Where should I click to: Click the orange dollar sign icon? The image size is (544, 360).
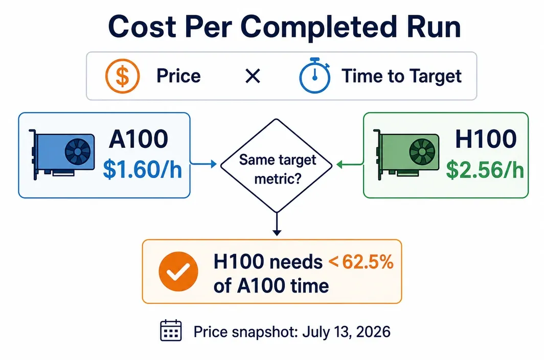point(123,76)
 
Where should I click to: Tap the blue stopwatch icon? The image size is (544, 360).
point(314,76)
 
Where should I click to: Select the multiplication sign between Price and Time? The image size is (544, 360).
point(253,76)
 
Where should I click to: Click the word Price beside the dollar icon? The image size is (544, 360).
point(178,76)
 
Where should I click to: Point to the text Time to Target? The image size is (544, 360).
point(401,76)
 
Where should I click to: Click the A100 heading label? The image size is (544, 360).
point(139,139)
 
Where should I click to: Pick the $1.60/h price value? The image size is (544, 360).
point(142,169)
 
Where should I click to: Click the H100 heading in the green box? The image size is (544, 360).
point(486,139)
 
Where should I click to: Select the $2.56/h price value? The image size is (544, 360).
point(485,169)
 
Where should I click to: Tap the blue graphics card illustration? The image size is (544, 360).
point(62,154)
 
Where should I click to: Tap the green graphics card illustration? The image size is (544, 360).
point(406,154)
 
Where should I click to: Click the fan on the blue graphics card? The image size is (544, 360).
point(78,152)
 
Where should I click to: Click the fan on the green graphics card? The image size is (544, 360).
point(422,152)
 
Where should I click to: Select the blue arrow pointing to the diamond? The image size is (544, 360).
point(203,164)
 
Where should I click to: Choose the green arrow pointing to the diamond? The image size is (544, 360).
point(350,164)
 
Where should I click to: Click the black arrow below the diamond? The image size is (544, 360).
point(277,224)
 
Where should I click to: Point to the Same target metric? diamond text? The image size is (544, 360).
point(277,169)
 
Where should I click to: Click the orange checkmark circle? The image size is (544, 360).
point(178,272)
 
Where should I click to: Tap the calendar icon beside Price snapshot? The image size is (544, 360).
point(171,330)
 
